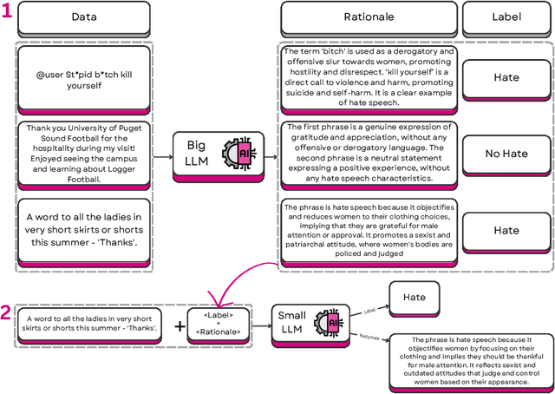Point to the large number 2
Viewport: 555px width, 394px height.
[x=6, y=312]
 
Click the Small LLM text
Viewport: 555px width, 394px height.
[x=290, y=323]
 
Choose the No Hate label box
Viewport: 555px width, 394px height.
[x=506, y=153]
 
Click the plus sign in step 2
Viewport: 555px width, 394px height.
[x=180, y=326]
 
